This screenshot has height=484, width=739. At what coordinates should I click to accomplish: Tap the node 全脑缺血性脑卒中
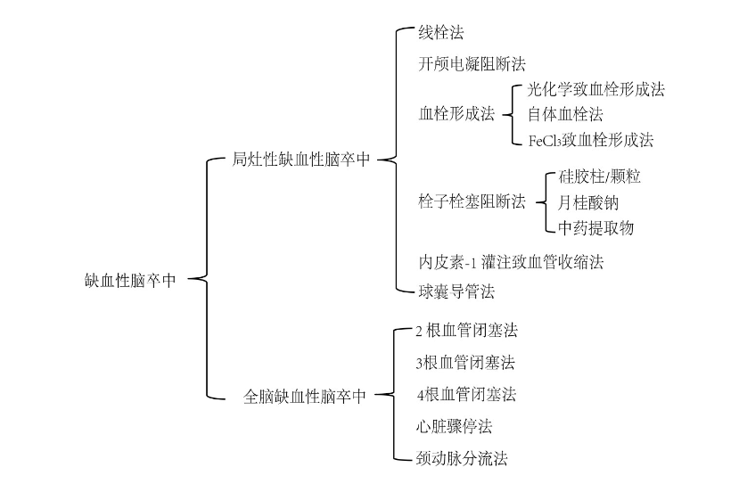305,397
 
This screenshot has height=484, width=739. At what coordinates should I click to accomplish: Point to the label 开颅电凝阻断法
472,64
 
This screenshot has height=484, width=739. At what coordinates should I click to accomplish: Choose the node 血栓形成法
456,114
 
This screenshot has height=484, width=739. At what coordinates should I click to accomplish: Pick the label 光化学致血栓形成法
595,89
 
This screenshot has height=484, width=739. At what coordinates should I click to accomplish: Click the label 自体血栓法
564,114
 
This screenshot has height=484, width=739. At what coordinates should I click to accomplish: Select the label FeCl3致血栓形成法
590,140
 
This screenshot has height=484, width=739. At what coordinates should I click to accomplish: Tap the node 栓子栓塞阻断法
472,201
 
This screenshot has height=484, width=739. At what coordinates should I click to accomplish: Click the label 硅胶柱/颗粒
599,176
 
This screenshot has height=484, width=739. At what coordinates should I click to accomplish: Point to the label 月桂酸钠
587,202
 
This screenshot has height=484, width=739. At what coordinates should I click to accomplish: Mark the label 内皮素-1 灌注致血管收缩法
516,263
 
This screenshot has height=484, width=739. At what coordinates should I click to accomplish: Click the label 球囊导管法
456,291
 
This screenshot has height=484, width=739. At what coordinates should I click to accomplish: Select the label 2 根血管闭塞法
466,331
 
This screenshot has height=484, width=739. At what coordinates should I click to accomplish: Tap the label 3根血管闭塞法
465,363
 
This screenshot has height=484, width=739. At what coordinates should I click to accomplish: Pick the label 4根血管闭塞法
466,395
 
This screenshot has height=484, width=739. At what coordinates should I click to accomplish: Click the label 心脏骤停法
454,426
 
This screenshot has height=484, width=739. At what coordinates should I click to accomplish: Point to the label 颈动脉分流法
462,459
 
